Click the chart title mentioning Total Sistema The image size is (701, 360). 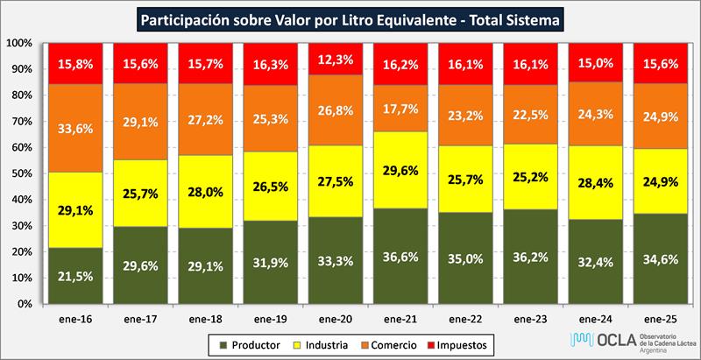coord(351,17)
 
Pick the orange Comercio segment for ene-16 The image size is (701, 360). coord(73,128)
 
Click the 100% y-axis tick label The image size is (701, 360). coord(19,43)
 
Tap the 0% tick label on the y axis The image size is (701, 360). coord(25,304)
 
